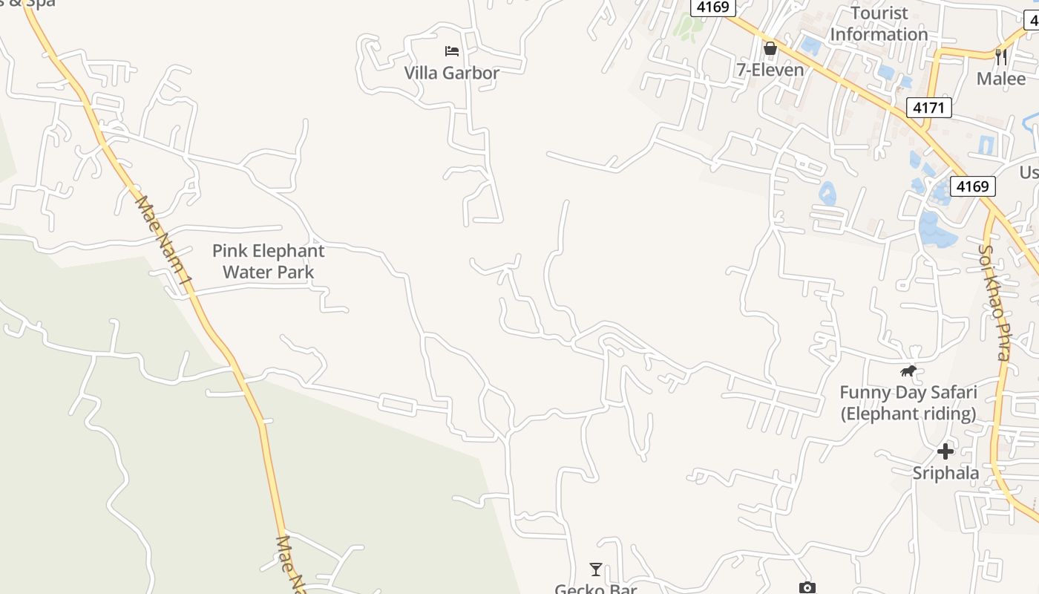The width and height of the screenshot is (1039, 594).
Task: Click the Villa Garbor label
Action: pos(451,73)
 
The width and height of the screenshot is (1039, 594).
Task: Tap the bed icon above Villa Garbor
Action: pos(451,51)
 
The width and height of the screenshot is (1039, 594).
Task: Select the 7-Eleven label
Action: pos(770,70)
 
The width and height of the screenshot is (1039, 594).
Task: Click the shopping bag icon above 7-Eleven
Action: pos(770,49)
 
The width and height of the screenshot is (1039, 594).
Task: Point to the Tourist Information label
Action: pos(879,24)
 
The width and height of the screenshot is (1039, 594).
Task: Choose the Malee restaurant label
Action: pos(1000,79)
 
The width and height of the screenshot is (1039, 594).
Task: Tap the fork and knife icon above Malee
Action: pos(1000,56)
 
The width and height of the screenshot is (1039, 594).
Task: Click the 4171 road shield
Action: pos(928,108)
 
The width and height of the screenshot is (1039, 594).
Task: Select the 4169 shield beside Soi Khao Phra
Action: pos(972,186)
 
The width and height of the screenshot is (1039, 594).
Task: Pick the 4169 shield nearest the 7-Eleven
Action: pos(714,7)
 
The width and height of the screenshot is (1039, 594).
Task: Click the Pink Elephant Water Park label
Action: pos(269,261)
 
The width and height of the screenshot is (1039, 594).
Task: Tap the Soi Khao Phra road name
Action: pos(995,302)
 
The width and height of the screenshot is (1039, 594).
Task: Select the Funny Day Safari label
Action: pos(908,403)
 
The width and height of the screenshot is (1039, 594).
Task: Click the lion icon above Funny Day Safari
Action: pos(908,371)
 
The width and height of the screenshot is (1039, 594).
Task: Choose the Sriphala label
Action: pos(945,474)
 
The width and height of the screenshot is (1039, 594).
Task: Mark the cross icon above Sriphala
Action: pos(945,451)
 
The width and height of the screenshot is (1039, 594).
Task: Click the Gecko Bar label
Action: pos(595,588)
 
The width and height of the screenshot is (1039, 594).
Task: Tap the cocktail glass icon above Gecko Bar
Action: pos(595,569)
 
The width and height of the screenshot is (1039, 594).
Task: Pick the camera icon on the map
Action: pos(807,588)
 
